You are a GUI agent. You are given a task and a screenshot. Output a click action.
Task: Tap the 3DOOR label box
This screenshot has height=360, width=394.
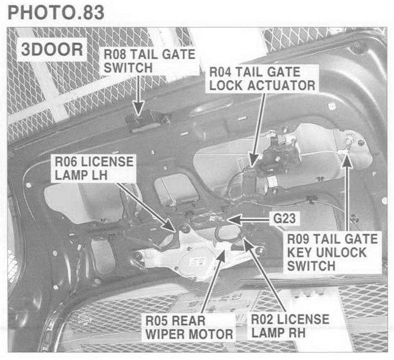51,50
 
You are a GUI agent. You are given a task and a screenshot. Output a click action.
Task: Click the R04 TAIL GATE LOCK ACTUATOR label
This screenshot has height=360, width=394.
261,78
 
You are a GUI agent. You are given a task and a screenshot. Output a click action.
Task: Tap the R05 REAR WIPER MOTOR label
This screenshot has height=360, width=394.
188,326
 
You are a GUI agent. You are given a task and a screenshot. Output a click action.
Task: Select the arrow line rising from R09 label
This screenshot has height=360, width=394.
347,194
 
